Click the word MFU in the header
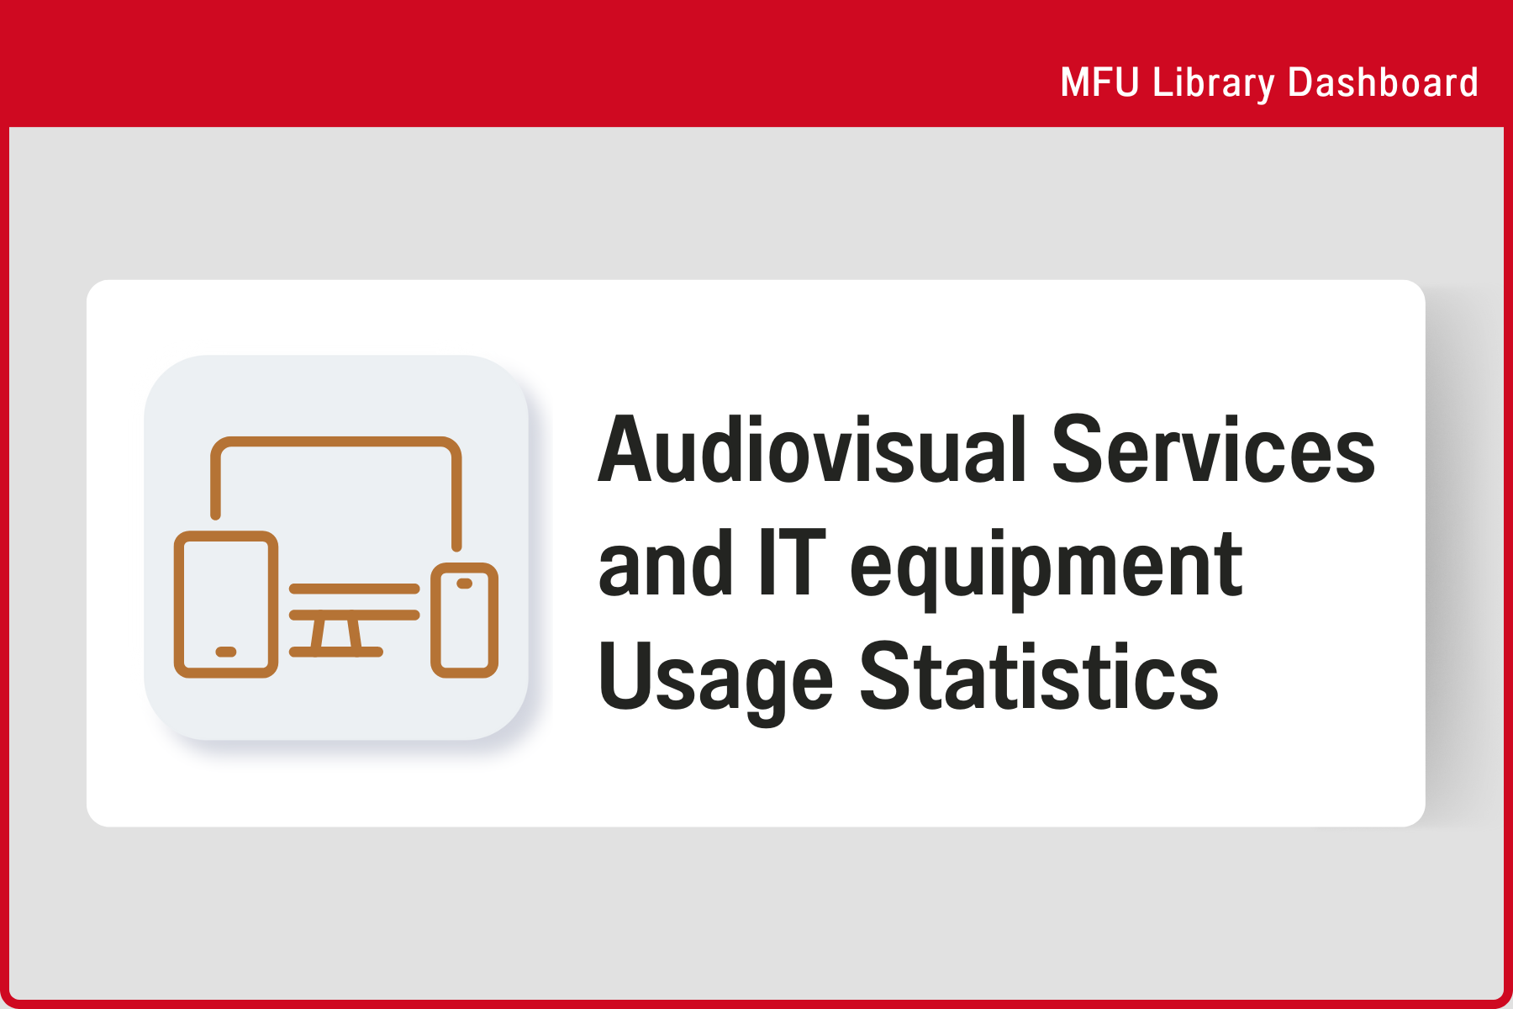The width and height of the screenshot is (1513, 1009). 1099,82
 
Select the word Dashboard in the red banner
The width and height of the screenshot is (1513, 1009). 1383,82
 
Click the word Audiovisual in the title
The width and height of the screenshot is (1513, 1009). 813,450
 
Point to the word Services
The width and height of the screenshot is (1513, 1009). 1213,450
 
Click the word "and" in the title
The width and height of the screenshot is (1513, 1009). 665,563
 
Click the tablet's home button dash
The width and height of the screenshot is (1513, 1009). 226,652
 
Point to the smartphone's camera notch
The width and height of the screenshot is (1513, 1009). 464,583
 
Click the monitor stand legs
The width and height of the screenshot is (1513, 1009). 336,632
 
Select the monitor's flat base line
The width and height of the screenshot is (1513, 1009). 336,652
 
